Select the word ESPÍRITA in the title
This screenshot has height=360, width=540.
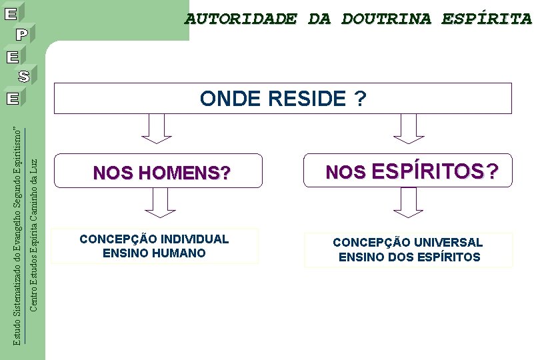pos(486,19)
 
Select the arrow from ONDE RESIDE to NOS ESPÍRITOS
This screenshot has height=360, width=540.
pos(408,128)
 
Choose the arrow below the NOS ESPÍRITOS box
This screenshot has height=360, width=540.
pos(408,203)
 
